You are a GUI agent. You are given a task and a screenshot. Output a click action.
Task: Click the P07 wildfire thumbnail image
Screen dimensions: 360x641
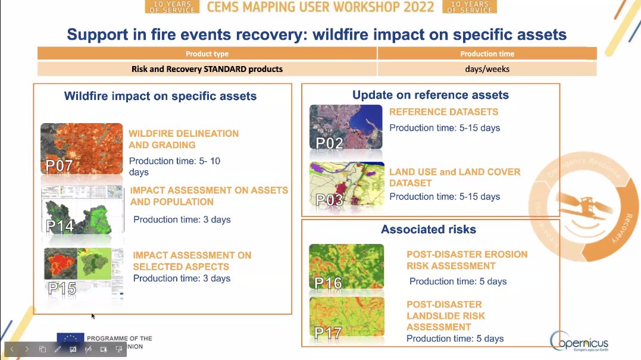pyautogui.click(x=81, y=149)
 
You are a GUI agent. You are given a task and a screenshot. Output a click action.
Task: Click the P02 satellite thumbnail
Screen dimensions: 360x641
pyautogui.click(x=346, y=127)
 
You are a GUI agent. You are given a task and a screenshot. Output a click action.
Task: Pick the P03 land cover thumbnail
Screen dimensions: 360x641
pyautogui.click(x=346, y=184)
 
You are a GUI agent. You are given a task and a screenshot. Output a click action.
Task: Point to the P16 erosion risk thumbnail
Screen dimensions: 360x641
pyautogui.click(x=346, y=266)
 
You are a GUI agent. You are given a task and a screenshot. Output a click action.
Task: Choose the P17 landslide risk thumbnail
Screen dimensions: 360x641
pyautogui.click(x=346, y=320)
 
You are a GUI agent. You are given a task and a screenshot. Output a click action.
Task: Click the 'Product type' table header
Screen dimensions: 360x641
pyautogui.click(x=207, y=54)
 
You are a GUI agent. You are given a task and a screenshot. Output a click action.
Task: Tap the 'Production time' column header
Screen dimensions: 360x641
pyautogui.click(x=487, y=54)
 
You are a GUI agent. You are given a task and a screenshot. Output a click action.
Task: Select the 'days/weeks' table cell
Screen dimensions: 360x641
pyautogui.click(x=487, y=69)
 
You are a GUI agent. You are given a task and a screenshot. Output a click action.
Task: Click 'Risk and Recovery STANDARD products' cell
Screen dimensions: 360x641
pyautogui.click(x=207, y=69)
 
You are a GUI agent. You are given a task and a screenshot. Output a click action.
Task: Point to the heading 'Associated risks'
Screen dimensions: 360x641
pyautogui.click(x=429, y=229)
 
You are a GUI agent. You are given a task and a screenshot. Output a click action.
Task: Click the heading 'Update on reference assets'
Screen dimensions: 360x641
pyautogui.click(x=430, y=95)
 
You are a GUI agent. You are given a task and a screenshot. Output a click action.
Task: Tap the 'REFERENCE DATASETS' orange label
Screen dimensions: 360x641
pyautogui.click(x=443, y=112)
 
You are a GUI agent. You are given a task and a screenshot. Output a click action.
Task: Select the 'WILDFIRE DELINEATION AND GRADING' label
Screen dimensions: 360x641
pyautogui.click(x=183, y=139)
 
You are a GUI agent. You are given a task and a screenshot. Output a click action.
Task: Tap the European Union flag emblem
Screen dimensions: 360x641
pyautogui.click(x=70, y=339)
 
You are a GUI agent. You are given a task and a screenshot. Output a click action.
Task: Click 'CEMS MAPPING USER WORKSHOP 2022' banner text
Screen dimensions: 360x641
pyautogui.click(x=321, y=7)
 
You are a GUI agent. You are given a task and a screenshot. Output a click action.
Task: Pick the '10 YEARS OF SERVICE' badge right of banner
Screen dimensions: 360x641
pyautogui.click(x=470, y=7)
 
